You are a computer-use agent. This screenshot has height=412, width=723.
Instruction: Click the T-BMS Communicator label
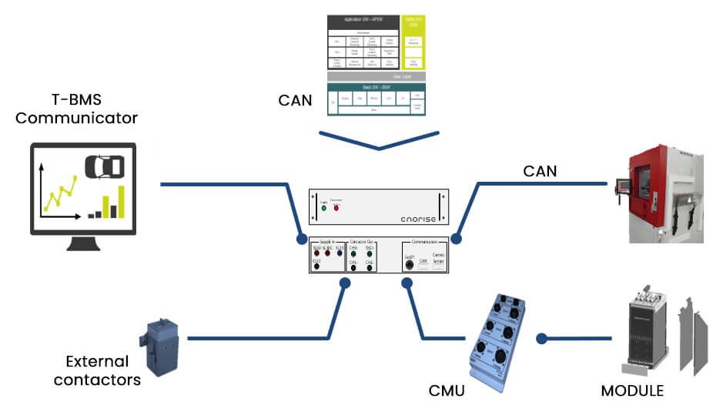click(76, 109)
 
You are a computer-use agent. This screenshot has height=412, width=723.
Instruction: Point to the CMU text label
click(447, 390)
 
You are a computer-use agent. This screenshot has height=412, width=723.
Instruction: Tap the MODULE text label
click(631, 390)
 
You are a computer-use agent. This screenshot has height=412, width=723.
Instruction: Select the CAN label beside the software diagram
click(296, 99)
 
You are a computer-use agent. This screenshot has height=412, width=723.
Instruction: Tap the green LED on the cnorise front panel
click(323, 207)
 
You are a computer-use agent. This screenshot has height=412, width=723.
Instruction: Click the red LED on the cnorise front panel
click(336, 207)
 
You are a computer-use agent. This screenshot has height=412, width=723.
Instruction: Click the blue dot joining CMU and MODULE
click(542, 338)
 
